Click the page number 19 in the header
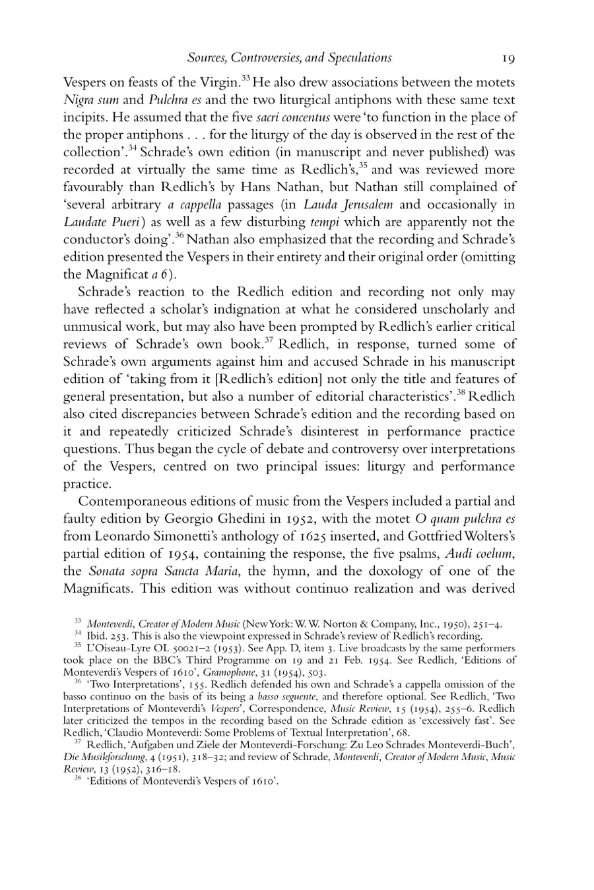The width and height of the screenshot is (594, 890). [508, 58]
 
